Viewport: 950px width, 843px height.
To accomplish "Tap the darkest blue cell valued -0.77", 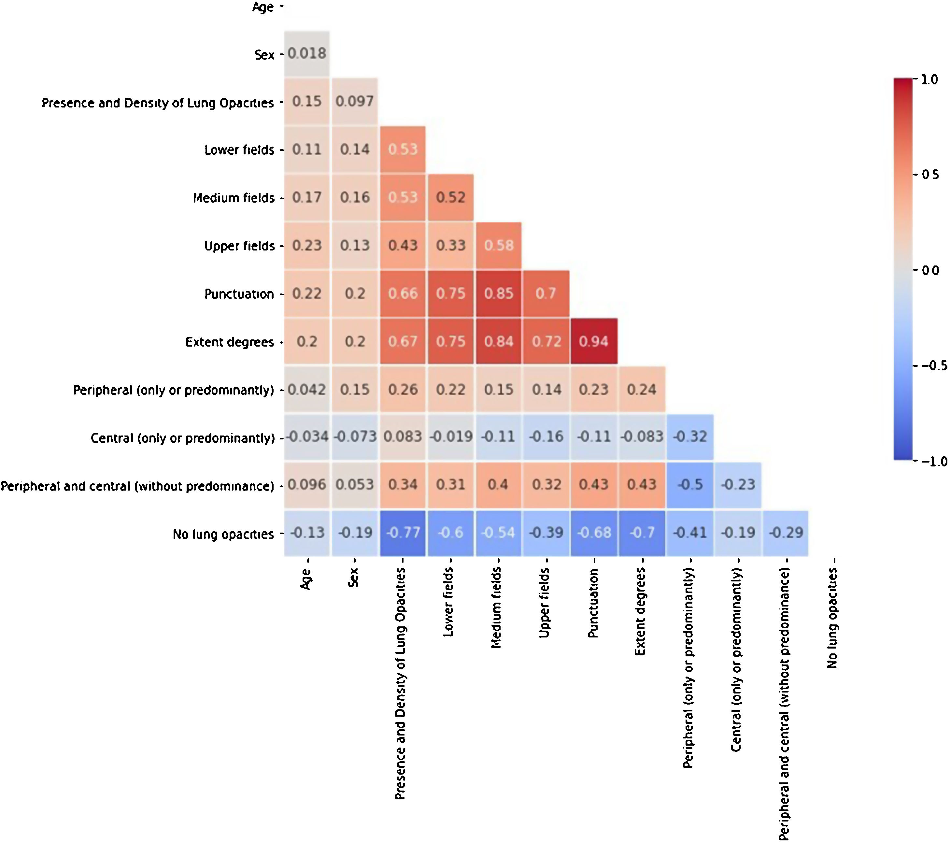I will coord(403,532).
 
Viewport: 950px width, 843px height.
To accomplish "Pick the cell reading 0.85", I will coord(498,293).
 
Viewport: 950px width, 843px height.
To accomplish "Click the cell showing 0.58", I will coord(498,245).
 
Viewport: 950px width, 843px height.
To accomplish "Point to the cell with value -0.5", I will coord(690,484).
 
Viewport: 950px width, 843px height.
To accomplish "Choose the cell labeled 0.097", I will coord(355,101).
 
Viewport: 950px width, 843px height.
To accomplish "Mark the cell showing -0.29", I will coord(786,532).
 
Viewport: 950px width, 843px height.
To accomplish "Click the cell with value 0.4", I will coord(498,484).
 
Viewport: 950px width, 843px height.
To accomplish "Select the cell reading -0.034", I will coord(307,436).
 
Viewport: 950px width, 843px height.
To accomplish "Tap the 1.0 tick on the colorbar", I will coord(929,79).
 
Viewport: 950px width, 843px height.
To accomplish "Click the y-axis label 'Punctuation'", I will coord(239,294).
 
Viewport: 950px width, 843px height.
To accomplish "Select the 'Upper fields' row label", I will coord(239,246).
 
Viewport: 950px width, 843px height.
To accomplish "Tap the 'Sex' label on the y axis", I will coord(264,55).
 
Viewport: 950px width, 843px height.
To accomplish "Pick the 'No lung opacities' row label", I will coord(223,534).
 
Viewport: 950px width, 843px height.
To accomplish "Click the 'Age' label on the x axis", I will coord(306,579).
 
